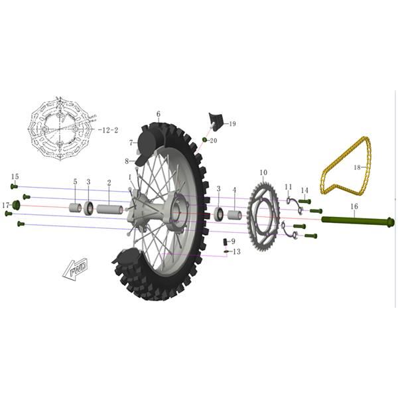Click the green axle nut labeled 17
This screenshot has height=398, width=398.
point(16,205)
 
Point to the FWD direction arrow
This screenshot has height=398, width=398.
point(76,269)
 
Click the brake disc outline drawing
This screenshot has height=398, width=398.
point(60,129)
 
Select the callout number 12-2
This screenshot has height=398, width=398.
point(108,130)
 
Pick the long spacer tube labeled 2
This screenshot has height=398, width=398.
point(109,210)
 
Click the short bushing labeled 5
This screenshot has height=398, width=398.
point(76,208)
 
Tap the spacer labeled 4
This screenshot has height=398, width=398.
point(234,215)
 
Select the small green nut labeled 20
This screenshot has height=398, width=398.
point(204,139)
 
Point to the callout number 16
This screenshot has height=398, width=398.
point(354,206)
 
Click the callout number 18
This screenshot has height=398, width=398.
point(357,167)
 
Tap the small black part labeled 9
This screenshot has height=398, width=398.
point(225,242)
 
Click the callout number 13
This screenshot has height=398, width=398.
point(237,252)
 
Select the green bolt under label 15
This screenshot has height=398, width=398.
point(14,186)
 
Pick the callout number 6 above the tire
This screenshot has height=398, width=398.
point(159,114)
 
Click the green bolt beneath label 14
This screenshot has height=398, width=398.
point(304,202)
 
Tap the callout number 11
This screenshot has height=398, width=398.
point(289,187)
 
